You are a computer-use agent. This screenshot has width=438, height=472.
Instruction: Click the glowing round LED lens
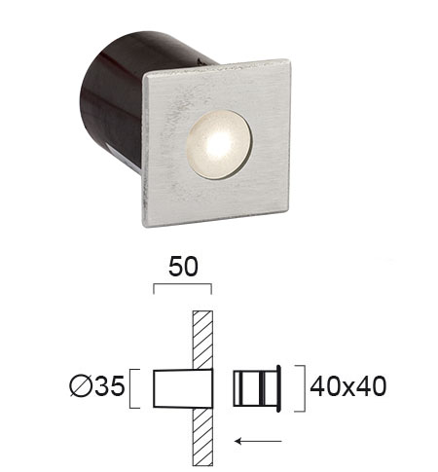[219, 145]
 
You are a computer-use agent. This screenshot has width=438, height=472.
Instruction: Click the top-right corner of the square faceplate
[288, 60]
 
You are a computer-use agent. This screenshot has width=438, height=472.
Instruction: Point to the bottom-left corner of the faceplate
[144, 225]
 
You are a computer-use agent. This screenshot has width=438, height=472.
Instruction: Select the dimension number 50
[183, 267]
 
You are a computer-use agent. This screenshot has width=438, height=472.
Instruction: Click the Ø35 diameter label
[97, 386]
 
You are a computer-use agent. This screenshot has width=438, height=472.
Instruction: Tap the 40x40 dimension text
[348, 386]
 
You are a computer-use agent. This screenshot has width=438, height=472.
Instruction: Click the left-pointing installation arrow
[258, 441]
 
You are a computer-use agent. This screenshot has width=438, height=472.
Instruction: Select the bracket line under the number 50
[183, 284]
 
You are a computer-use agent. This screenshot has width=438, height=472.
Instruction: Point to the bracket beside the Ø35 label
[130, 388]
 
